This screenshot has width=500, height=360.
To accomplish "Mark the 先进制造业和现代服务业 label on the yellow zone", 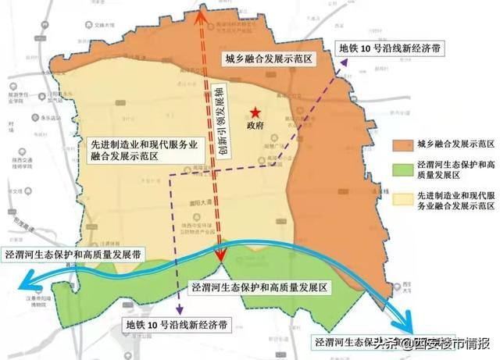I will (134, 144).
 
